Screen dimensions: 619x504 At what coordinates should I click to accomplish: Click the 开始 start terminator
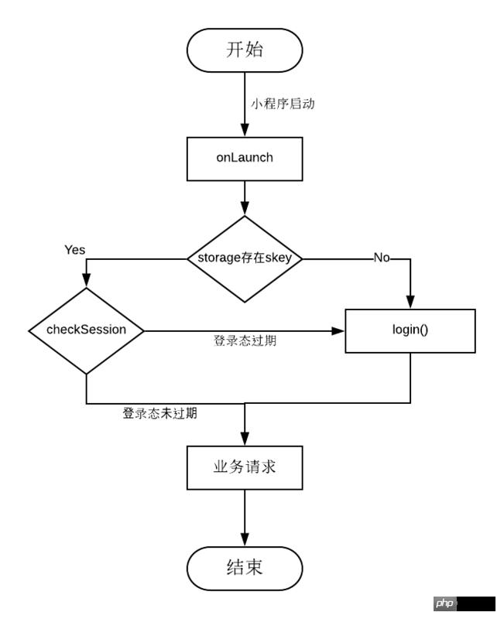point(245,50)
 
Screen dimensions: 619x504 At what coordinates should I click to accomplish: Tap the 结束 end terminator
point(245,568)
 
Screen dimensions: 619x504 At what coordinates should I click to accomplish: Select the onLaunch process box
point(245,157)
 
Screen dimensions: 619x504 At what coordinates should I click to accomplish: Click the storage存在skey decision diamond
point(245,258)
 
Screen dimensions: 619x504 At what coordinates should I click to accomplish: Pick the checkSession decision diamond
point(87,330)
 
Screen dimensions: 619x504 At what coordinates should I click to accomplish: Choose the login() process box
point(410,330)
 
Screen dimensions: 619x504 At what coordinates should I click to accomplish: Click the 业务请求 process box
point(245,467)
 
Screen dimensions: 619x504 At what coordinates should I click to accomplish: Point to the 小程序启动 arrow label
point(283,104)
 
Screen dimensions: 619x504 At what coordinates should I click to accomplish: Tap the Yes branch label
point(75,250)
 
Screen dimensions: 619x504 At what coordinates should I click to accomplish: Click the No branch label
point(382,258)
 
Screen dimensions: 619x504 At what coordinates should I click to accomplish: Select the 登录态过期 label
point(245,340)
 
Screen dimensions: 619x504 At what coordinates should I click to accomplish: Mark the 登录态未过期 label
point(159,414)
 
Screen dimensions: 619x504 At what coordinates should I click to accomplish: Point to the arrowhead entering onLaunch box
point(245,132)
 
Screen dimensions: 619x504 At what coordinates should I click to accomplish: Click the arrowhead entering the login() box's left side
point(338,330)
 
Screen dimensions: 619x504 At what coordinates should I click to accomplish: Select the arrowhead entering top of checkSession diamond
point(87,282)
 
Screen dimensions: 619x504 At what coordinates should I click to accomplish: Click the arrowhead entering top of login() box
point(410,303)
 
